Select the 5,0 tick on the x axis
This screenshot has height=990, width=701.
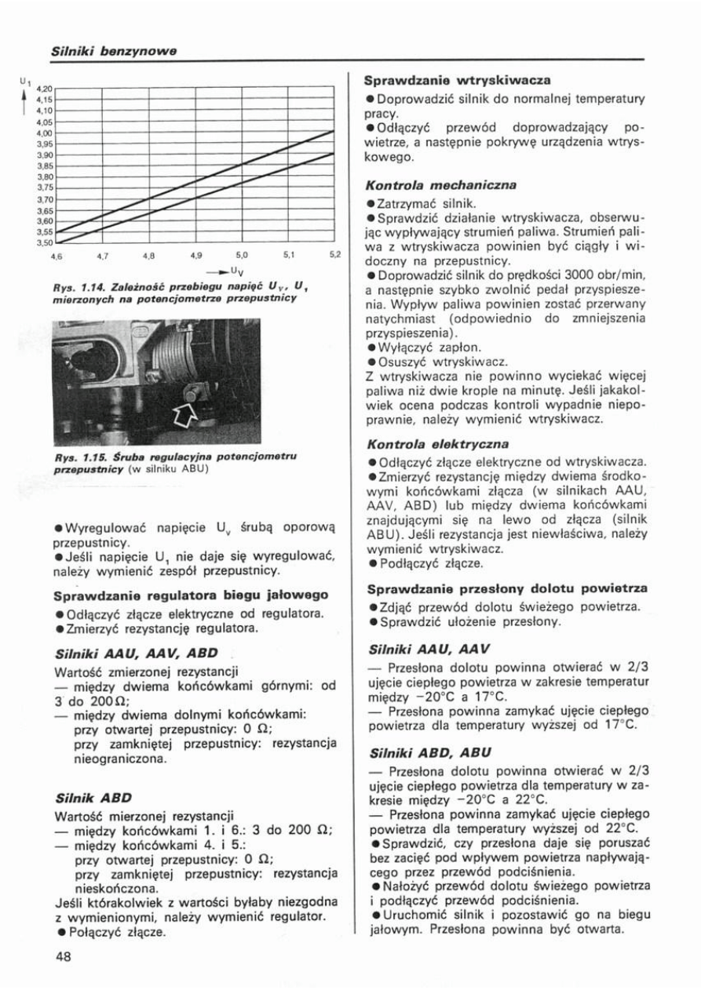click(x=242, y=256)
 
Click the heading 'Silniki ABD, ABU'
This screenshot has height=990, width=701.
click(x=429, y=752)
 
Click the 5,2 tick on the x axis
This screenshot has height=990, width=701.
click(x=334, y=256)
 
